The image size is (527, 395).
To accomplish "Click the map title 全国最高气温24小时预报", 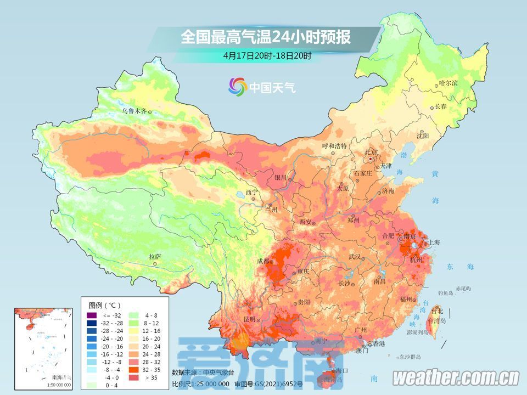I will point(266,37).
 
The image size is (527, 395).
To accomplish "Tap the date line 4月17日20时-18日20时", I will point(267,55).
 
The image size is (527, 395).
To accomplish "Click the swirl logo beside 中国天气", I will point(238,86).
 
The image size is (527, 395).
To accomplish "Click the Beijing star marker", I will point(372,159).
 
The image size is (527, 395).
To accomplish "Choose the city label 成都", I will point(262,261).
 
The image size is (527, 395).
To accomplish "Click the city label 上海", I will point(434,242).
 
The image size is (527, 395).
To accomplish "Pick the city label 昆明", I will point(248,319).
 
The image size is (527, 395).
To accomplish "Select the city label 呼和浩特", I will point(334,146).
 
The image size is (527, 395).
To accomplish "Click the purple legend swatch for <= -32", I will point(91,315).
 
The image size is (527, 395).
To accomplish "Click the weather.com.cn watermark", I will point(456,377).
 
